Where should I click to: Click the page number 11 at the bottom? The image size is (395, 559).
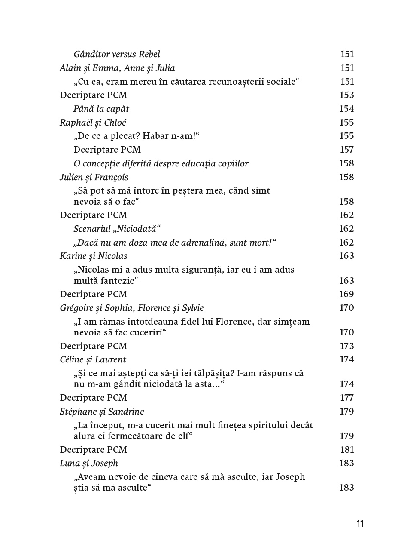point(360,524)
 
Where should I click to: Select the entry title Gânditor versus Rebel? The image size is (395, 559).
point(117,54)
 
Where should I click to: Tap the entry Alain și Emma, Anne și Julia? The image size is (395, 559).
point(117,68)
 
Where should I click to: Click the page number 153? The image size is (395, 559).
point(346,95)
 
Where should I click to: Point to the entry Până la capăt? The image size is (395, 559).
point(101,109)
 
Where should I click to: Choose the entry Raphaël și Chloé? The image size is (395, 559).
point(93,123)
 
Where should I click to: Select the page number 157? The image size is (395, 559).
point(346,150)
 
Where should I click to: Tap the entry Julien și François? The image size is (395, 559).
point(94,177)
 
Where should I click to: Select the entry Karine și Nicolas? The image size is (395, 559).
point(94,256)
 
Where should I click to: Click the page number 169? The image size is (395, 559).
point(346,294)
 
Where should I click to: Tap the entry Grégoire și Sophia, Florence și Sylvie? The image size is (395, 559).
point(132,308)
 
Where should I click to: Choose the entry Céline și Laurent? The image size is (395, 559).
point(93,360)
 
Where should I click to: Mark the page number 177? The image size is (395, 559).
point(346,398)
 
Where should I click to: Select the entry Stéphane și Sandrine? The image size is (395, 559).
point(102,412)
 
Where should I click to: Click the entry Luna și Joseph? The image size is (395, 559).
point(89,463)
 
